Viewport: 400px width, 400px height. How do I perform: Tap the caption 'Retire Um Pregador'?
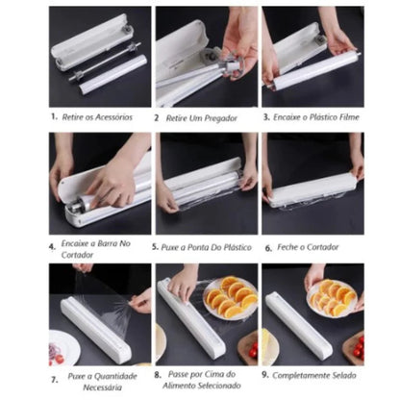(x=207, y=117)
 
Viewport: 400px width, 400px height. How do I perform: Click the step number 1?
(x=54, y=117)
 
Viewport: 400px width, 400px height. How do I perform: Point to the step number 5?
(x=156, y=246)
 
